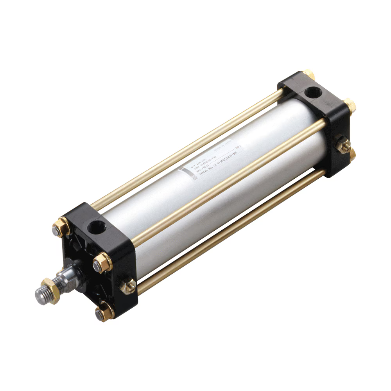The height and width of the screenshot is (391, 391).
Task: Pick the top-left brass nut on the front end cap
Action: pyautogui.click(x=61, y=228)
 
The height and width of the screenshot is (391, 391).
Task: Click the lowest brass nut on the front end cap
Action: pyautogui.click(x=103, y=313)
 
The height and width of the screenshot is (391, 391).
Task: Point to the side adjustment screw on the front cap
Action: pyautogui.click(x=128, y=286)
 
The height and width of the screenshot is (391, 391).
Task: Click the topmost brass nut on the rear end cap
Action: pyautogui.click(x=308, y=74)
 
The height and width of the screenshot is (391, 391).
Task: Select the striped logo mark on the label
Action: pyautogui.click(x=184, y=174)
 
